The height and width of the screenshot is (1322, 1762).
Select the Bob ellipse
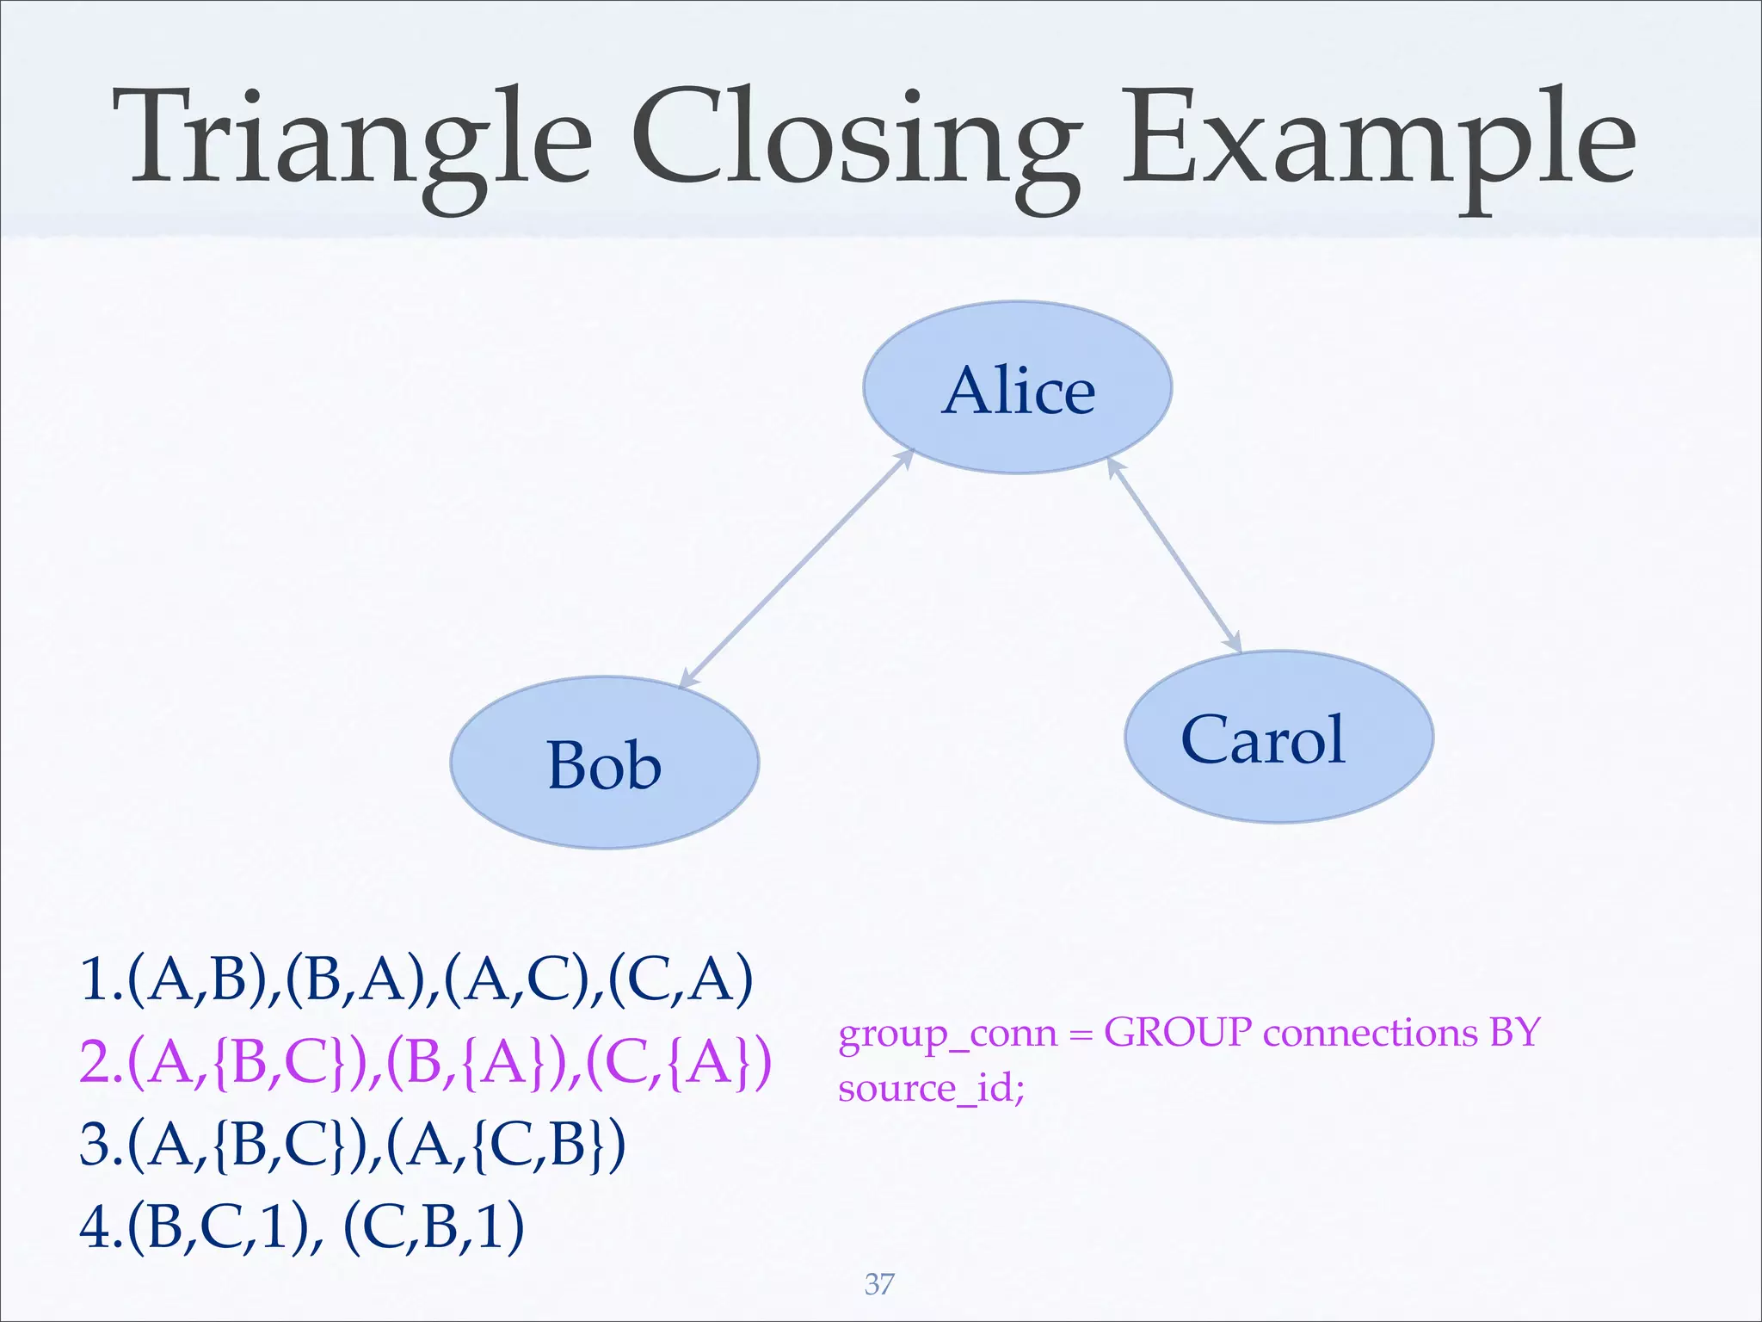point(604,763)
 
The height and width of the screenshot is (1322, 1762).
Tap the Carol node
point(1278,738)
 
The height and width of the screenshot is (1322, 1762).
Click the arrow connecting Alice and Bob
point(796,569)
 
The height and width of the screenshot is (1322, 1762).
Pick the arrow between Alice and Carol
point(1174,555)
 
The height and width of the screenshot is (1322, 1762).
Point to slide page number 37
point(879,1283)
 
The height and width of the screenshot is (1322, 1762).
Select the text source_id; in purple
point(932,1088)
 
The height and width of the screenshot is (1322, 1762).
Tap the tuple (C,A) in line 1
point(680,979)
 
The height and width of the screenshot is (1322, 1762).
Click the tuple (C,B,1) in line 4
point(434,1226)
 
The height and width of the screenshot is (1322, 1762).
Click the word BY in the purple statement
point(1513,1032)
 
